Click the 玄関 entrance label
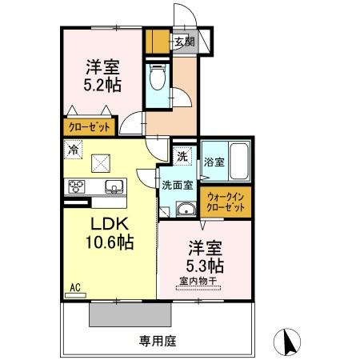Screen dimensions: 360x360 click(x=185, y=40)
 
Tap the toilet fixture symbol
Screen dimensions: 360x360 click(x=157, y=78)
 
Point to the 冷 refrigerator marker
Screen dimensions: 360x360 click(x=73, y=149)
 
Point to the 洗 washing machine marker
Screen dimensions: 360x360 click(x=182, y=156)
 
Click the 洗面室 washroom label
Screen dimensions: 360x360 click(x=178, y=185)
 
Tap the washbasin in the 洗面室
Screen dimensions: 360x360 click(x=185, y=210)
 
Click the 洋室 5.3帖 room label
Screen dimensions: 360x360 click(x=206, y=256)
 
